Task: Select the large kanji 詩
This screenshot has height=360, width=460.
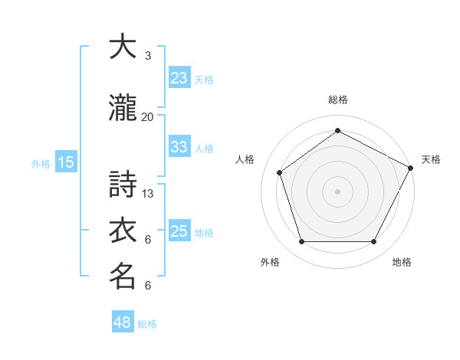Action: click(x=123, y=185)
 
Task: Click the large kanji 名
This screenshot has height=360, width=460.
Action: click(x=123, y=277)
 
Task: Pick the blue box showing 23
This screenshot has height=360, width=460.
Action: click(x=179, y=78)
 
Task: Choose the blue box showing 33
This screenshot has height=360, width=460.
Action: click(x=179, y=147)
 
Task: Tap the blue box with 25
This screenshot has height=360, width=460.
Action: click(x=179, y=231)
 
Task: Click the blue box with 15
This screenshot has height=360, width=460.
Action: click(x=66, y=162)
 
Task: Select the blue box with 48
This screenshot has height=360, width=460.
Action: click(x=122, y=322)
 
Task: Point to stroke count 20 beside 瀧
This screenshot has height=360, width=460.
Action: click(x=148, y=117)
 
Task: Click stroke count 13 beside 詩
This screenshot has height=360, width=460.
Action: click(x=148, y=194)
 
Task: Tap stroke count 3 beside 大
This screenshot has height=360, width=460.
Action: click(x=148, y=56)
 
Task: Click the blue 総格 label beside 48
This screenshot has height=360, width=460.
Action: click(x=147, y=324)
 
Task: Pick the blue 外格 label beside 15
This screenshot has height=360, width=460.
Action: click(x=41, y=163)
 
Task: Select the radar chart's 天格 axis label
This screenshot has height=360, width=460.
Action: click(x=431, y=159)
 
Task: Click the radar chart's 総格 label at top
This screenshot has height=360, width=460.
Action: click(x=337, y=100)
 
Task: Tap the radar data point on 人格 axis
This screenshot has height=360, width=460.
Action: click(x=280, y=172)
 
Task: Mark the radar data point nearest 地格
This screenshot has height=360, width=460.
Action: click(x=373, y=242)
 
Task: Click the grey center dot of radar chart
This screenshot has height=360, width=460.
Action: click(x=337, y=191)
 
